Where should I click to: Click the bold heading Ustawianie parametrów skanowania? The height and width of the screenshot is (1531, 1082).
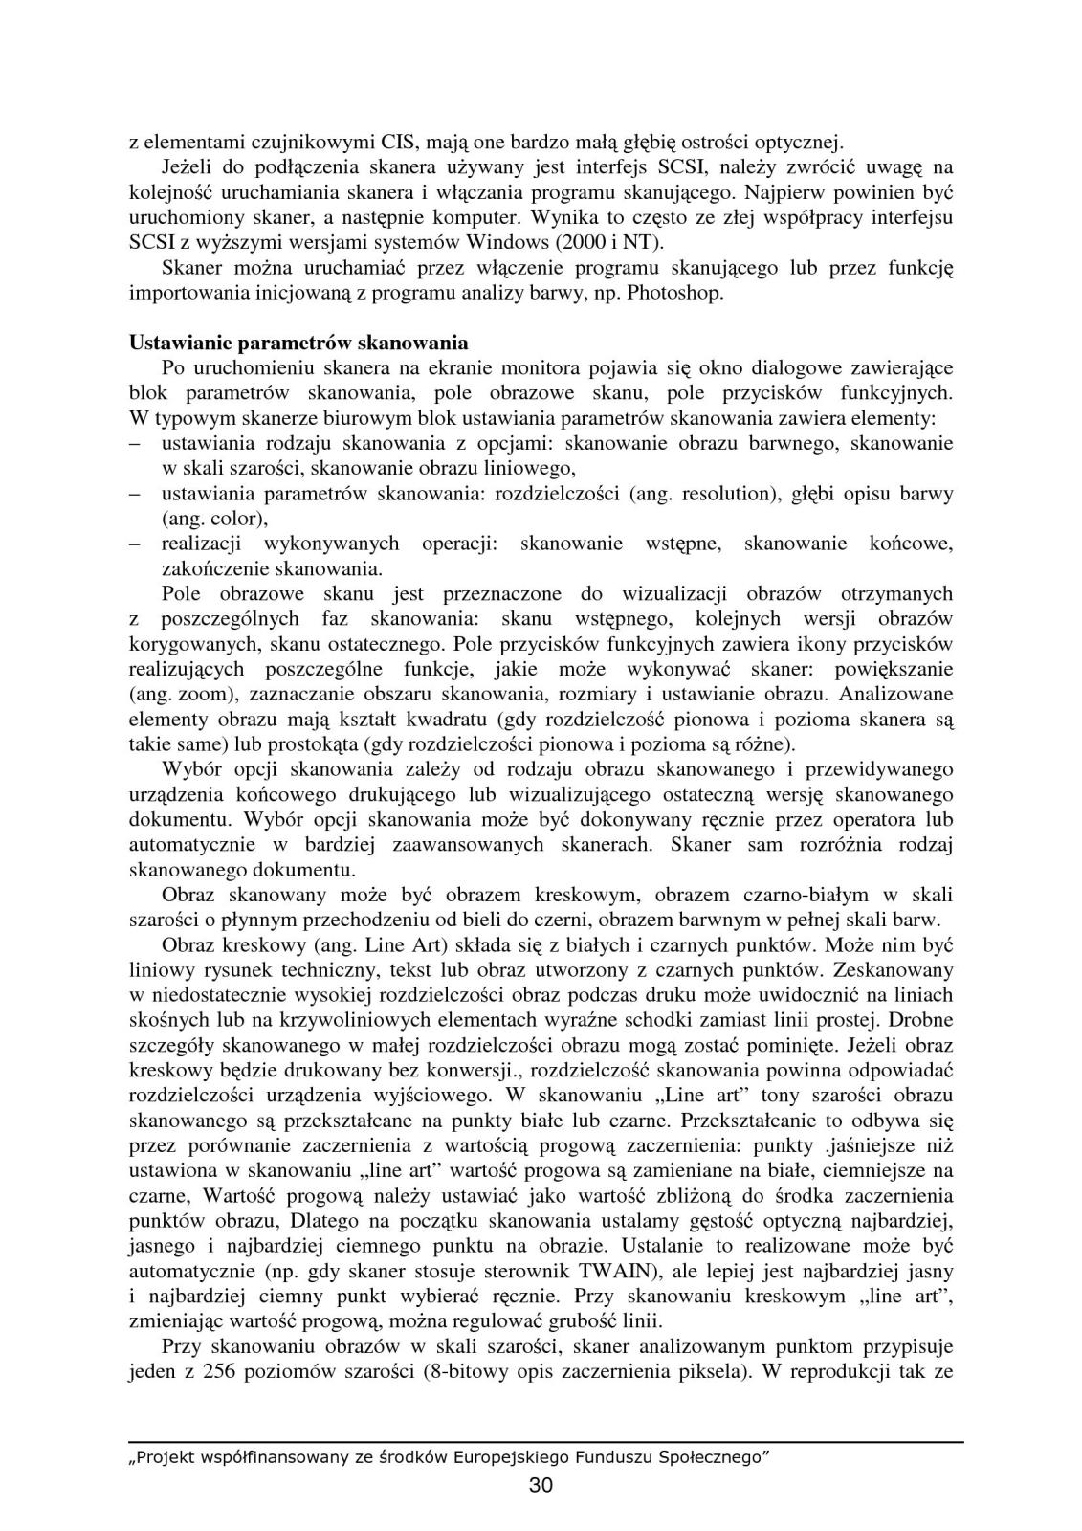298,343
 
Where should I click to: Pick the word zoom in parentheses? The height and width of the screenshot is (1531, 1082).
199,693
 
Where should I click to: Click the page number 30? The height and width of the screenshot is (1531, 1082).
541,1486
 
